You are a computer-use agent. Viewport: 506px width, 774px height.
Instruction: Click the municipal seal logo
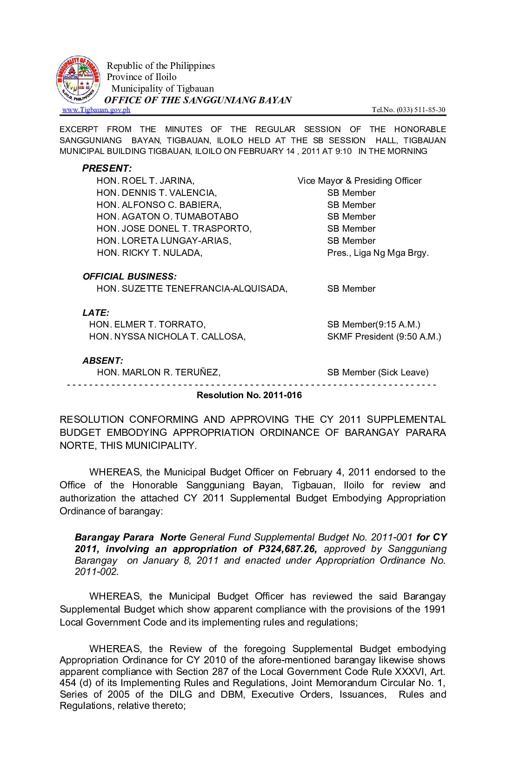pyautogui.click(x=78, y=80)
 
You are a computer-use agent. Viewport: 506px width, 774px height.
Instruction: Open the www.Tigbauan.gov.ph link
pyautogui.click(x=96, y=110)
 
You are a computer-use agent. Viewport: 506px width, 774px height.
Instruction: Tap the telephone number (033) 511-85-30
pyautogui.click(x=420, y=110)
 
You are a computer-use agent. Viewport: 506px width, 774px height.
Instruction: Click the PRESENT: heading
pyautogui.click(x=107, y=168)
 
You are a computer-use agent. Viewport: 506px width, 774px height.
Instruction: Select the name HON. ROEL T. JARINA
pyautogui.click(x=146, y=181)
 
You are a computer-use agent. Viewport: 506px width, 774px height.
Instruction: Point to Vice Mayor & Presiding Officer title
pyautogui.click(x=360, y=181)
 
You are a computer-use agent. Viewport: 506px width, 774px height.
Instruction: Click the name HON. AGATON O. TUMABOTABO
pyautogui.click(x=167, y=217)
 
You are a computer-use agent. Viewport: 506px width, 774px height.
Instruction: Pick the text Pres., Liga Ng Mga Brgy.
pyautogui.click(x=378, y=253)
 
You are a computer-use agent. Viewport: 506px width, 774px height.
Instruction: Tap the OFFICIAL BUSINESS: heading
pyautogui.click(x=130, y=277)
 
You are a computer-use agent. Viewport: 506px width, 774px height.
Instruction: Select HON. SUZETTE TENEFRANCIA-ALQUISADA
pyautogui.click(x=192, y=289)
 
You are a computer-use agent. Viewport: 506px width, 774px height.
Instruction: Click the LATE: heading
pyautogui.click(x=96, y=313)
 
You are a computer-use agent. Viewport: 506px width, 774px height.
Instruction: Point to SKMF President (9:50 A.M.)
pyautogui.click(x=384, y=337)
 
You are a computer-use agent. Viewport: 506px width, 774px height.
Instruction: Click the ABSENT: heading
pyautogui.click(x=103, y=361)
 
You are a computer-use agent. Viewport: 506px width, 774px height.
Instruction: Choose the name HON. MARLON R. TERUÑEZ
pyautogui.click(x=159, y=373)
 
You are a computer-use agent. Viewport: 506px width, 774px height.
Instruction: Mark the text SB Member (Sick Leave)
pyautogui.click(x=378, y=373)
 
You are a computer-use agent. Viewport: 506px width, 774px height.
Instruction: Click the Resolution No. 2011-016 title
pyautogui.click(x=249, y=395)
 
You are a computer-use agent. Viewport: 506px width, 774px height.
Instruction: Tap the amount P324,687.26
pyautogui.click(x=287, y=549)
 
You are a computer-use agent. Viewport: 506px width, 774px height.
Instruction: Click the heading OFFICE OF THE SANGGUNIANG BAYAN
pyautogui.click(x=198, y=100)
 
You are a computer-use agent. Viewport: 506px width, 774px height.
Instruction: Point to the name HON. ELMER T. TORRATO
pyautogui.click(x=147, y=325)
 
